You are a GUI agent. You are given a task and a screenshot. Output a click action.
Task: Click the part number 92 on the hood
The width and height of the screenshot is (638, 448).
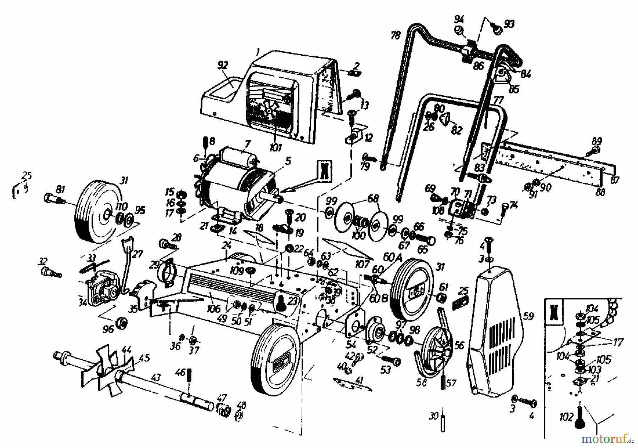223,65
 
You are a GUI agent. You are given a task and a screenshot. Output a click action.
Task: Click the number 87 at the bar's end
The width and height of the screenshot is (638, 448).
615,180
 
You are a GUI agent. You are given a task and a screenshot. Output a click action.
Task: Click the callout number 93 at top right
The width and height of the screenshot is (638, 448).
509,24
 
